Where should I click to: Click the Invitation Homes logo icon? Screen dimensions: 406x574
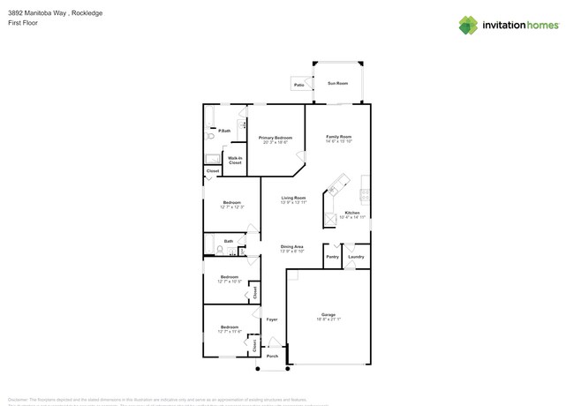[x=468, y=25]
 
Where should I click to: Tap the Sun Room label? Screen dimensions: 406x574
[x=338, y=83]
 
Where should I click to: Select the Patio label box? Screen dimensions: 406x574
[x=298, y=85]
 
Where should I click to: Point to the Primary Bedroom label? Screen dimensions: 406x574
[x=276, y=138]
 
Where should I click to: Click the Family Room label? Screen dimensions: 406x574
[x=339, y=137]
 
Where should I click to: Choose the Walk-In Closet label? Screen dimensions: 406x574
[x=235, y=161]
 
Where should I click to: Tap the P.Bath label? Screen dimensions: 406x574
[x=225, y=131]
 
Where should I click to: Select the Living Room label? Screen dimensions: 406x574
[x=294, y=198]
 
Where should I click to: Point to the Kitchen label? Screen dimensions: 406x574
[x=352, y=214]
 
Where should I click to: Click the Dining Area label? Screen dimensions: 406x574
[x=293, y=246]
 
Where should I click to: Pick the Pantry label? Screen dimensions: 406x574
[x=332, y=257]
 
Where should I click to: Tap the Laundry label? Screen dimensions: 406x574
[x=356, y=257]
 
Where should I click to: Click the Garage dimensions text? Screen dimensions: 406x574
[x=329, y=319]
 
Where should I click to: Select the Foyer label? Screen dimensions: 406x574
[x=273, y=320]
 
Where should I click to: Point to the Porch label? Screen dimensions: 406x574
[x=273, y=356]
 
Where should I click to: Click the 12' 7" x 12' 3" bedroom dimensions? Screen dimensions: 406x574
[x=231, y=207]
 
